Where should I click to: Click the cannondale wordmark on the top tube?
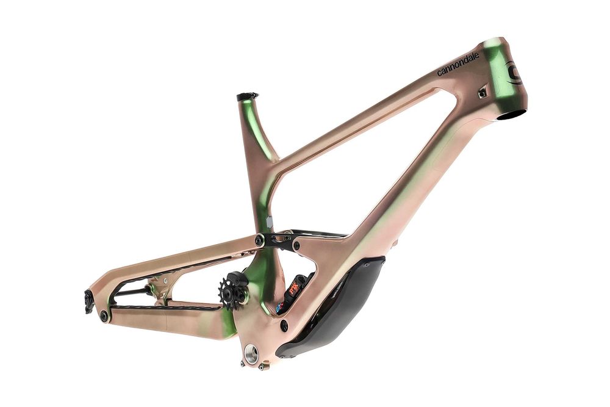pos(457,64)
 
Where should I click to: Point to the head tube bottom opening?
pos(514,113)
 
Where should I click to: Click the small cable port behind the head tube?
pos(482,93)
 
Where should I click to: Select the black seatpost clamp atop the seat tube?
pos(247,96)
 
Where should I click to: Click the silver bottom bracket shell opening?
pos(251,353)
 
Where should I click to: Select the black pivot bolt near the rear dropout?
pos(104,315)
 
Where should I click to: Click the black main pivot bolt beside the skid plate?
pos(284,325)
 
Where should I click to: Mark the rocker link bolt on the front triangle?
pos(296,245)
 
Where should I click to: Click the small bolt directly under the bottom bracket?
pos(262,367)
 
